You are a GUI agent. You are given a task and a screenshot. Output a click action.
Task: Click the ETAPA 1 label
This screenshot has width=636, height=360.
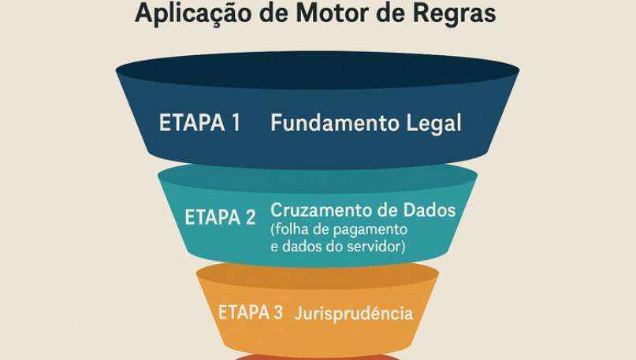coord(199,124)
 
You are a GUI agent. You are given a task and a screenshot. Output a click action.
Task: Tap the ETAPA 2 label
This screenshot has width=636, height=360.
coord(220,217)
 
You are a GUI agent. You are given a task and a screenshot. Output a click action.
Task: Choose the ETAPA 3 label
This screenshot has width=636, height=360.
coord(251,312)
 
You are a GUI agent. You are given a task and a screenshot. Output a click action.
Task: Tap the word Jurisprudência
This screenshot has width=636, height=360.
coord(354,314)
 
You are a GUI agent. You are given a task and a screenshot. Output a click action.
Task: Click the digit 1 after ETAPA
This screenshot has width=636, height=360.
coord(234,124)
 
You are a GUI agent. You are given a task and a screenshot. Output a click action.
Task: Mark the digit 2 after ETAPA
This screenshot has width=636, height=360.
coord(250,217)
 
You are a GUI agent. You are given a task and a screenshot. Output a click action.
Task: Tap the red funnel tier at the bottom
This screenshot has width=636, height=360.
coord(318,356)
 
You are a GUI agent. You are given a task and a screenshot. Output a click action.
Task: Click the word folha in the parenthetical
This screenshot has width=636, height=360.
coord(291,230)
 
